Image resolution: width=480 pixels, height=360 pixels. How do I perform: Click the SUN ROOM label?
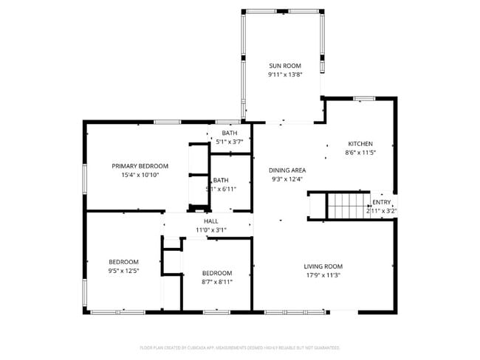284,66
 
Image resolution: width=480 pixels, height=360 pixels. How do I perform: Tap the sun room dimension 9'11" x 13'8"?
284,75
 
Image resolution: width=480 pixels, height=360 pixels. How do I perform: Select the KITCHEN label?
360,144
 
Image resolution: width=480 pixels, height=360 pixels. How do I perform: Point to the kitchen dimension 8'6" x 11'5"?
360,153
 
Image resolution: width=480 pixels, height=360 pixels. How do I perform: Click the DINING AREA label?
288,170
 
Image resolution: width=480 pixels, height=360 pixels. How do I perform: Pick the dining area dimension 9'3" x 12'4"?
288,179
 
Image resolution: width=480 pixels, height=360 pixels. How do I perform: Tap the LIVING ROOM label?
323,266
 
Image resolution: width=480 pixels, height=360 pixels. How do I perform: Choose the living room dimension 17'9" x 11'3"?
323,275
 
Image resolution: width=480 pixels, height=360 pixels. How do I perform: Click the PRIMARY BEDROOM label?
140,166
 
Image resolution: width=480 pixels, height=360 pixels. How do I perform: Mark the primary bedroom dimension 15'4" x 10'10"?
140,175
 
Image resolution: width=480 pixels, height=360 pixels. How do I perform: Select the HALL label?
211,221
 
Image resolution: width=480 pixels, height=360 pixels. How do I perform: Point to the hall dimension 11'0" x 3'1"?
211,229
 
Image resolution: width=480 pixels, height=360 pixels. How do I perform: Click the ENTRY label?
382,202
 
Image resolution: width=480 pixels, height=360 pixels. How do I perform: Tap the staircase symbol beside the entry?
346,206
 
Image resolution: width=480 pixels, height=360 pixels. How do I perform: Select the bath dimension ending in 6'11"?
222,189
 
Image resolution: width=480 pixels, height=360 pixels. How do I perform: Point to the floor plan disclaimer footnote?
239,347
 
